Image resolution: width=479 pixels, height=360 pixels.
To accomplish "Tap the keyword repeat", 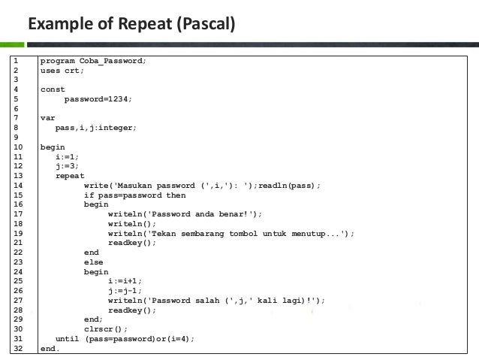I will [x=70, y=176].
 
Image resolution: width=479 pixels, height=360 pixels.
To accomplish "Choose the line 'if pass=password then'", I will [x=134, y=195].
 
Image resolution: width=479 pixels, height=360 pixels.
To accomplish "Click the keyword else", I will [x=94, y=262].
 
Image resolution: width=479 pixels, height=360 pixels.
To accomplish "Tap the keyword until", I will [x=68, y=339].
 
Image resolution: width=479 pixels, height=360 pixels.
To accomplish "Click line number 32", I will [x=18, y=349].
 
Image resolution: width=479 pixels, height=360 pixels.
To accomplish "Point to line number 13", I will [x=18, y=176].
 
